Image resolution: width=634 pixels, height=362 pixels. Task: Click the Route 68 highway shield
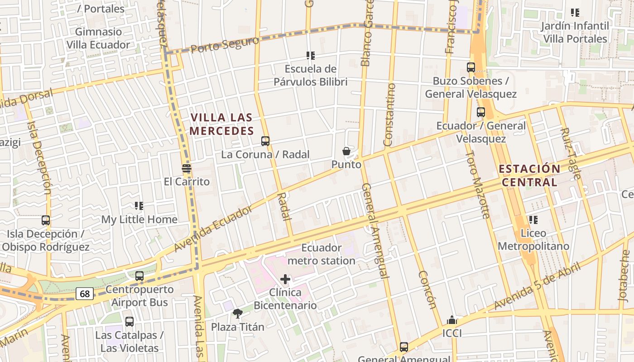[85, 294]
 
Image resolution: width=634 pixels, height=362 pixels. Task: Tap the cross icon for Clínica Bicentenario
[285, 279]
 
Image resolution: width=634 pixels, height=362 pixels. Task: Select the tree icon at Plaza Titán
[237, 313]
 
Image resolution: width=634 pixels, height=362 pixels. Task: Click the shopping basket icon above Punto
[346, 151]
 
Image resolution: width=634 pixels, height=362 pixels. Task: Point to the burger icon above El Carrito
[187, 168]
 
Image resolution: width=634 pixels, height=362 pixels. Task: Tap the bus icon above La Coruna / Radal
[265, 141]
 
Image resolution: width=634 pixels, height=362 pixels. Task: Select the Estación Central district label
[529, 176]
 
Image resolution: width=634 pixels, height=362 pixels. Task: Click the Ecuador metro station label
[322, 254]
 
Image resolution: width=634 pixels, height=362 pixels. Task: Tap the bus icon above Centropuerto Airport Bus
[139, 276]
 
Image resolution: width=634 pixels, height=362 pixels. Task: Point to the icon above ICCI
[451, 320]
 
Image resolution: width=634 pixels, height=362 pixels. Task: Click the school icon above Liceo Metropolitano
[533, 220]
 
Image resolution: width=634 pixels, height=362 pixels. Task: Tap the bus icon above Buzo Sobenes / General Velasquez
[471, 67]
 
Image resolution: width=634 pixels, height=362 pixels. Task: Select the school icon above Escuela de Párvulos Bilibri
[311, 56]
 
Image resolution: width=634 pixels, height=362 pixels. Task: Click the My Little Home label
[139, 219]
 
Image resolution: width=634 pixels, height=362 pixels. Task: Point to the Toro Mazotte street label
[478, 185]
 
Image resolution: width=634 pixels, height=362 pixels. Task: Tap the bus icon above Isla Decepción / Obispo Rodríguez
[46, 220]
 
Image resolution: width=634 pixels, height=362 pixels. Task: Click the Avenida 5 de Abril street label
[537, 286]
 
